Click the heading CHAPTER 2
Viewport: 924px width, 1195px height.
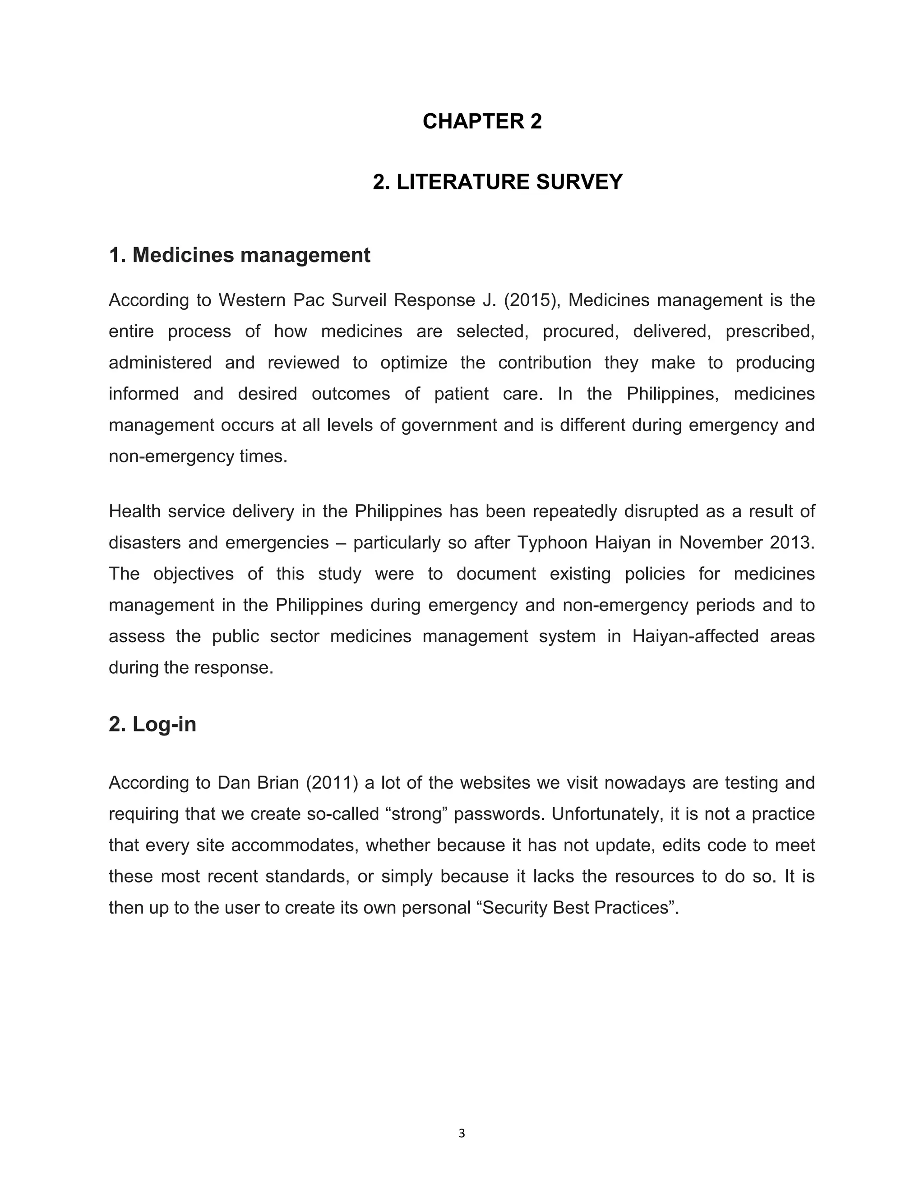[x=482, y=121]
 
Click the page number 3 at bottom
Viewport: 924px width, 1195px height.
[x=462, y=1133]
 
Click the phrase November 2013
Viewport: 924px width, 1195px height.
[x=747, y=543]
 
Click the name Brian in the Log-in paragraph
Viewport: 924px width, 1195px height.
[x=278, y=783]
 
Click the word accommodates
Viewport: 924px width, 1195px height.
[x=295, y=846]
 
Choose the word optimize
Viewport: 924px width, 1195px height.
[x=414, y=363]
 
